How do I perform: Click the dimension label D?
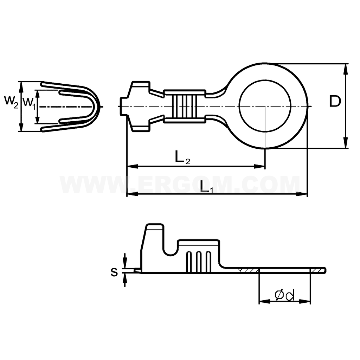pos(335,102)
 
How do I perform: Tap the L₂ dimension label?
pos(182,157)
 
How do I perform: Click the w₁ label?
pos(29,102)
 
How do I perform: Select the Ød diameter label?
pos(284,295)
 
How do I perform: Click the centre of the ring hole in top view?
pos(265,106)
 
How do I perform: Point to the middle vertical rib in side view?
pos(199,262)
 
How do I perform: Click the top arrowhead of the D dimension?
pos(346,69)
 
